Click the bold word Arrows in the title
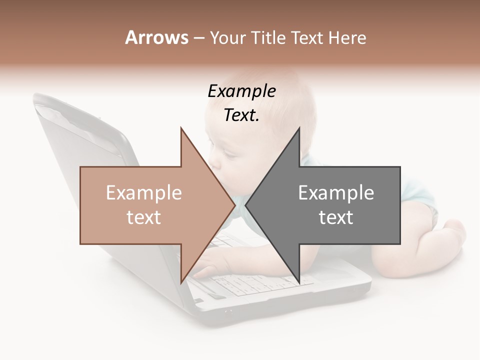tap(157, 37)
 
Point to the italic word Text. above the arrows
tap(241, 115)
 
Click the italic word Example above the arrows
tap(241, 91)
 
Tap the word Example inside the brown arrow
tap(144, 193)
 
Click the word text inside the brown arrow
tap(144, 217)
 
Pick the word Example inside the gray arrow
tap(336, 193)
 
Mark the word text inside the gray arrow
tap(336, 217)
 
